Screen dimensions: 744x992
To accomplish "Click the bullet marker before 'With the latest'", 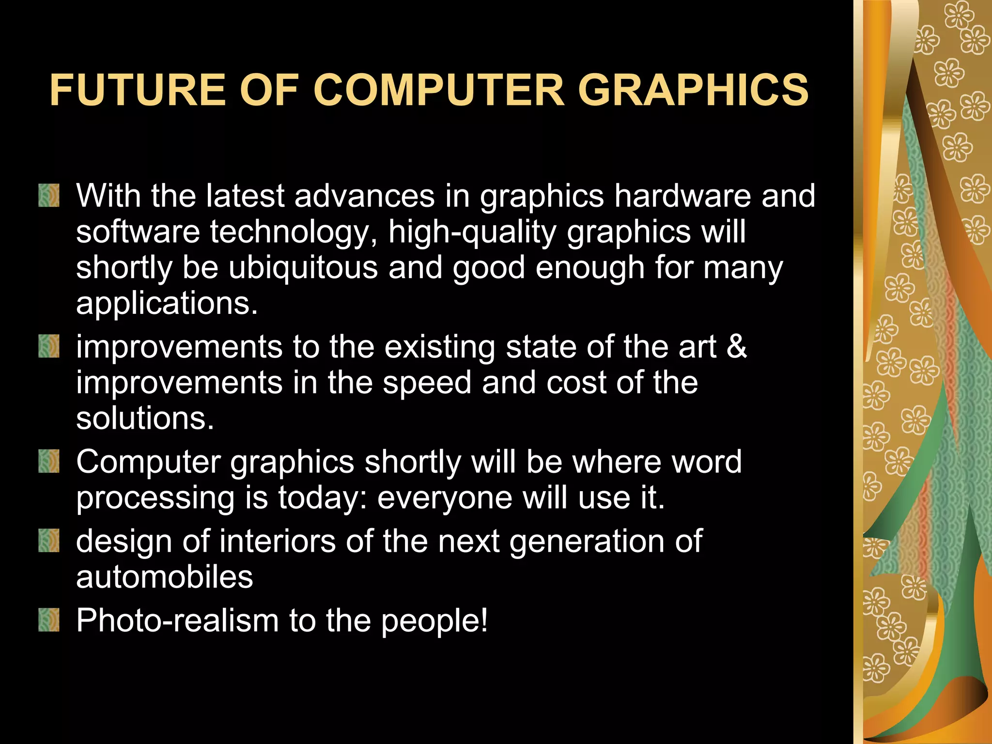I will (x=49, y=196).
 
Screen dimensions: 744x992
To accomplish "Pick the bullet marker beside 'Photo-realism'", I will (x=49, y=620).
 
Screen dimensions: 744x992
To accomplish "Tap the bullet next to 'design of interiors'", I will (x=49, y=541).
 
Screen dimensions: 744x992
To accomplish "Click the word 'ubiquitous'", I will (x=303, y=268).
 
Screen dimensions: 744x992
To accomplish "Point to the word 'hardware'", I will (x=682, y=196).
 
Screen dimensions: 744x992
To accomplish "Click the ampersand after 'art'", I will (x=736, y=347).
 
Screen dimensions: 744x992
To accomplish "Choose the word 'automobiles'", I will (x=164, y=577).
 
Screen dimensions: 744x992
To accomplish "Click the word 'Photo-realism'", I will (x=177, y=620).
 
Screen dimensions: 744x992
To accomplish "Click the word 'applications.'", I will (x=167, y=304).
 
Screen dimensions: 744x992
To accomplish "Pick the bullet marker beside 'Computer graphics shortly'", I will (x=49, y=461).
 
